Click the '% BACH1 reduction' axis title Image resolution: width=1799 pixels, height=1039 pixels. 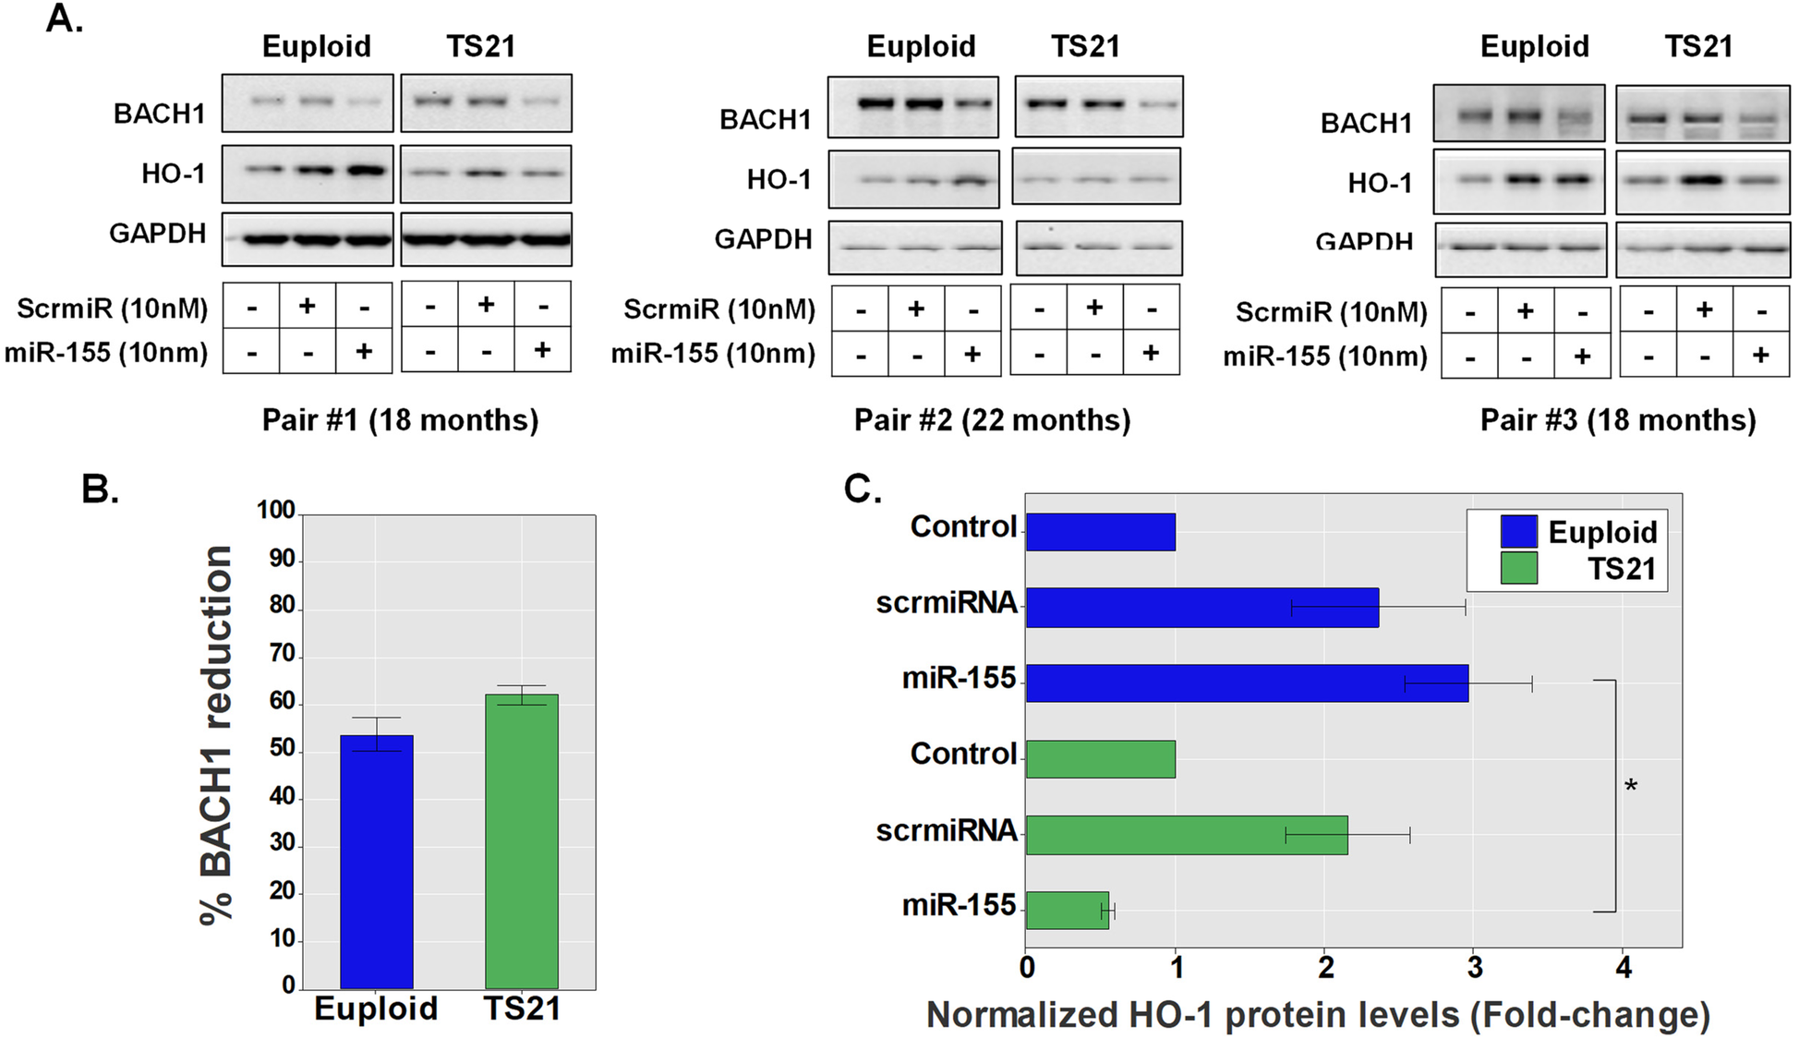click(218, 734)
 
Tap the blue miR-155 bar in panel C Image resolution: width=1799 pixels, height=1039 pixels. click(1247, 683)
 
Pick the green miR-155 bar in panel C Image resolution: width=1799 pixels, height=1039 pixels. click(1067, 910)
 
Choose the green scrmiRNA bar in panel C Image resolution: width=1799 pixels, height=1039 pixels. click(1187, 835)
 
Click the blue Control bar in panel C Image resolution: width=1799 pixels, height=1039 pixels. click(1100, 532)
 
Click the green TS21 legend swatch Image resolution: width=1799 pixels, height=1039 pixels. click(1518, 568)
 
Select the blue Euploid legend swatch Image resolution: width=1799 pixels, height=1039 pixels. click(1518, 532)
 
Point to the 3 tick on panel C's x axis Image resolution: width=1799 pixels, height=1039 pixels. click(1475, 968)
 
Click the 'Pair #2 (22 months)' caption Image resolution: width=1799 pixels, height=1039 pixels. click(992, 420)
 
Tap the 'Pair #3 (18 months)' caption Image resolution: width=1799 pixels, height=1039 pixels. click(1618, 420)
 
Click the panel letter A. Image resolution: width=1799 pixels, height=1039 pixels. click(65, 18)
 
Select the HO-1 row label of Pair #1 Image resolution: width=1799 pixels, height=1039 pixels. click(173, 174)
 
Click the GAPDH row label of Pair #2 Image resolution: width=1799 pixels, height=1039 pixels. click(763, 239)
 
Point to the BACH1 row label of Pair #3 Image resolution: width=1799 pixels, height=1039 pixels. click(1366, 123)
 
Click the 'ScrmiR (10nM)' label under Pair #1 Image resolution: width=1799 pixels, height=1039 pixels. click(113, 308)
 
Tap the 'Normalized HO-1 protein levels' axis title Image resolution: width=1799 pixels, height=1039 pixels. click(1318, 1015)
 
